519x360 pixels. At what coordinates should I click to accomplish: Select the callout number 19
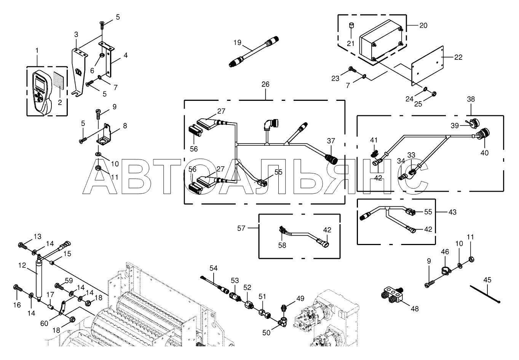237,42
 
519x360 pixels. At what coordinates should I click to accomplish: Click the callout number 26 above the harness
265,84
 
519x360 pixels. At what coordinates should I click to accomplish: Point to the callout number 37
331,141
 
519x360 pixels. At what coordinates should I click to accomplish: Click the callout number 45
487,280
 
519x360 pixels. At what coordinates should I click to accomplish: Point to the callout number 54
213,268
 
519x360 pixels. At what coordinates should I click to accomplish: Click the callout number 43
452,212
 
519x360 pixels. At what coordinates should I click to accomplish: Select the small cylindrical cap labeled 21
351,27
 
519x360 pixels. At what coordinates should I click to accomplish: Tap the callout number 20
423,25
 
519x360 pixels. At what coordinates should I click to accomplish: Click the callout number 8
125,126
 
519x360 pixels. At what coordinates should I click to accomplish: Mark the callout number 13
37,237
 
